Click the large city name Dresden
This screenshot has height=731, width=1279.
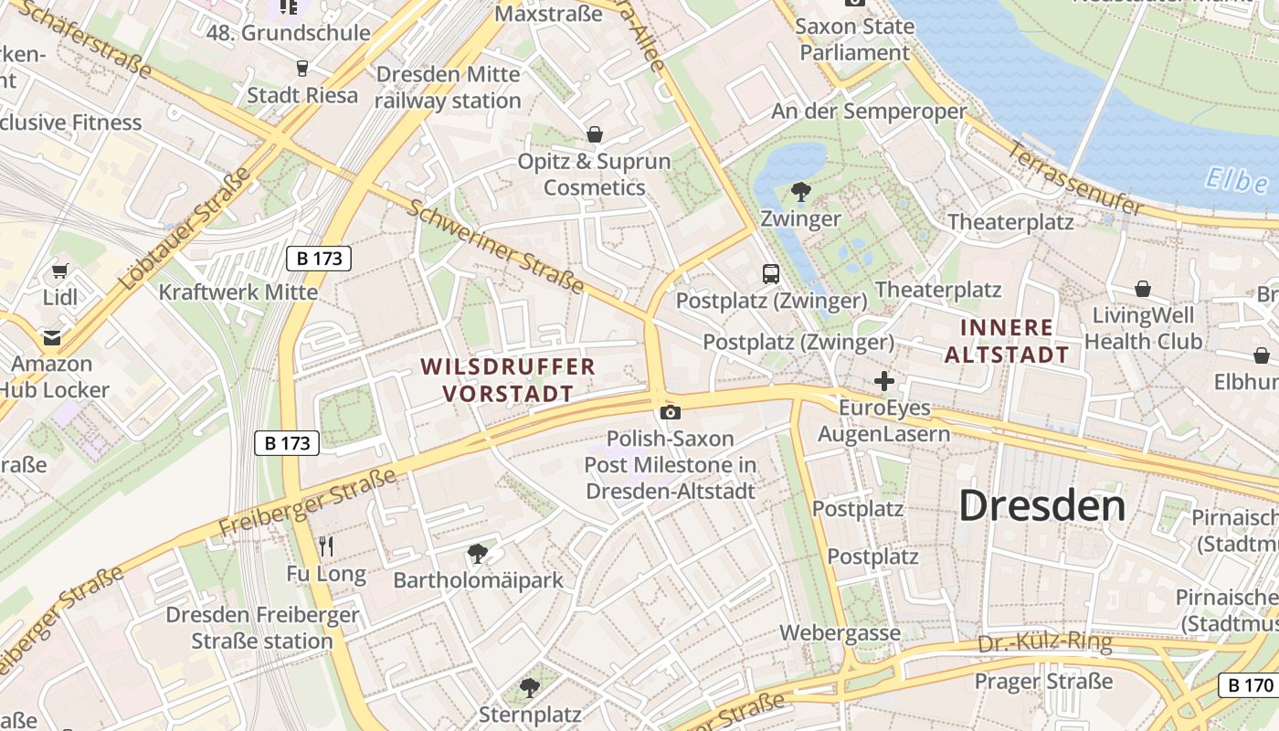pos(1042,505)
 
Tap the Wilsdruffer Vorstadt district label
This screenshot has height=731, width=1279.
pos(508,380)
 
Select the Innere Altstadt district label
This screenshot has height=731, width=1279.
pos(1007,341)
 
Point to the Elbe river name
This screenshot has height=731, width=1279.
pos(1236,180)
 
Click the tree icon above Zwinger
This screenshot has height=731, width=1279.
pos(801,192)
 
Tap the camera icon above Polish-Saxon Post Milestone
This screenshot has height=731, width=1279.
pos(671,412)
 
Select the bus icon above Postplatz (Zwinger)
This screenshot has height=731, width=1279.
pos(771,273)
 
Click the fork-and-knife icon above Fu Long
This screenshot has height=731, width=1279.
pos(326,546)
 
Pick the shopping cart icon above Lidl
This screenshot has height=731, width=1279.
pos(60,270)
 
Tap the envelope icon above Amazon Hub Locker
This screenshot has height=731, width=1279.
pos(52,337)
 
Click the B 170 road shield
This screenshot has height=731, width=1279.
pos(1247,685)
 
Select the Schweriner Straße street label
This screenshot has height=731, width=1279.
pos(495,247)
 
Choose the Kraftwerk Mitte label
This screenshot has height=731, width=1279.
pos(238,292)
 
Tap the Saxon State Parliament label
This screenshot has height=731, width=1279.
pos(855,39)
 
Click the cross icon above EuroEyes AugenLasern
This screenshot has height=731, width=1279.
pos(884,381)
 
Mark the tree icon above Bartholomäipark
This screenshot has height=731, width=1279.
pos(477,553)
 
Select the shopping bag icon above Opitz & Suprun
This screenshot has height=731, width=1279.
pos(595,135)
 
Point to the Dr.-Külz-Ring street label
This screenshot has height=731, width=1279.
pos(1045,643)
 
